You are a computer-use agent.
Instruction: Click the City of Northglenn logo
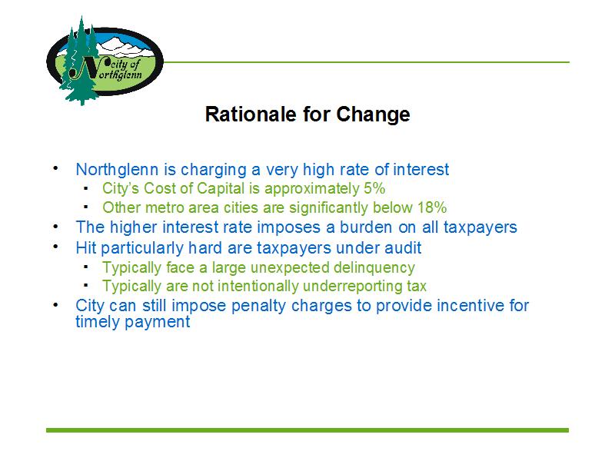click(x=105, y=61)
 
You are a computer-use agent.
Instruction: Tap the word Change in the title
click(x=373, y=114)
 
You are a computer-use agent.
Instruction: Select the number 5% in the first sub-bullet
click(x=374, y=188)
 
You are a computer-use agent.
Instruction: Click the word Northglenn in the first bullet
click(x=118, y=170)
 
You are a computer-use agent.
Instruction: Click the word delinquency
click(x=374, y=267)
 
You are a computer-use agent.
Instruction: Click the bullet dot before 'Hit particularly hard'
click(x=55, y=247)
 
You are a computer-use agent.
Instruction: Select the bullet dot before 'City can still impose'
click(x=55, y=304)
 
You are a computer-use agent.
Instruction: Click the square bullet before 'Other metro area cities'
click(x=86, y=207)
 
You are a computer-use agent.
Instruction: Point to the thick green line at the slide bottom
click(x=307, y=430)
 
